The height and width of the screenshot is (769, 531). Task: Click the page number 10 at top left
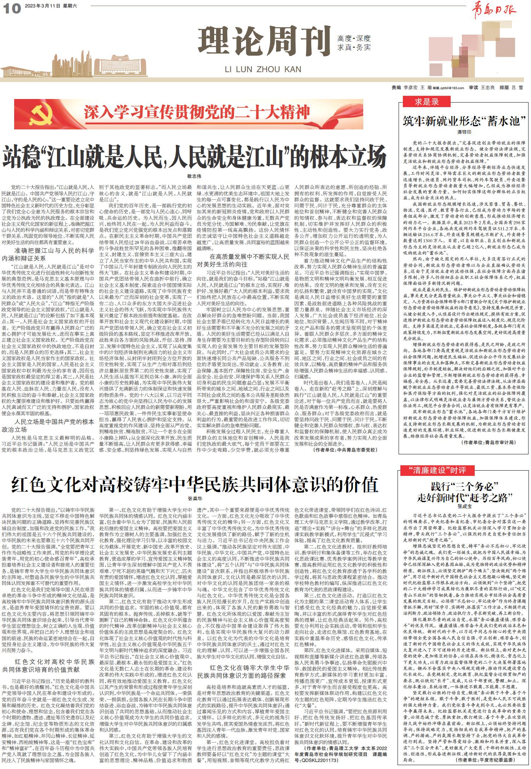[x=12, y=8]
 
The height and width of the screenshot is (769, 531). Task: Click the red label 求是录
[x=427, y=102]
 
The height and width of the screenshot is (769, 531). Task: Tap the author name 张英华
[x=194, y=499]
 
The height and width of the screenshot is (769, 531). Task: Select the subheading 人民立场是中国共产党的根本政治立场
[x=48, y=425]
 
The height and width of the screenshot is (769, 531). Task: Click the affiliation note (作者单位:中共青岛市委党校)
[x=345, y=450]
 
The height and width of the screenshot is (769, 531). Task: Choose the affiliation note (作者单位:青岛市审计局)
[x=489, y=442]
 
